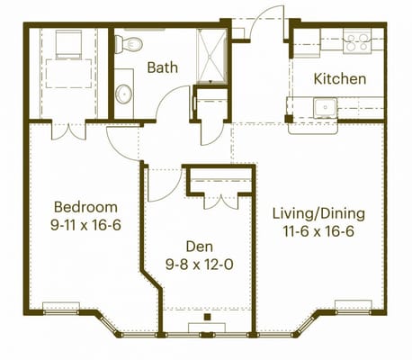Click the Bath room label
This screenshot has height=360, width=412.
(x=163, y=67)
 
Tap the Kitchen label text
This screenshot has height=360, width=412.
(x=339, y=78)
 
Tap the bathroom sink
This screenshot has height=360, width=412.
(x=124, y=93)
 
